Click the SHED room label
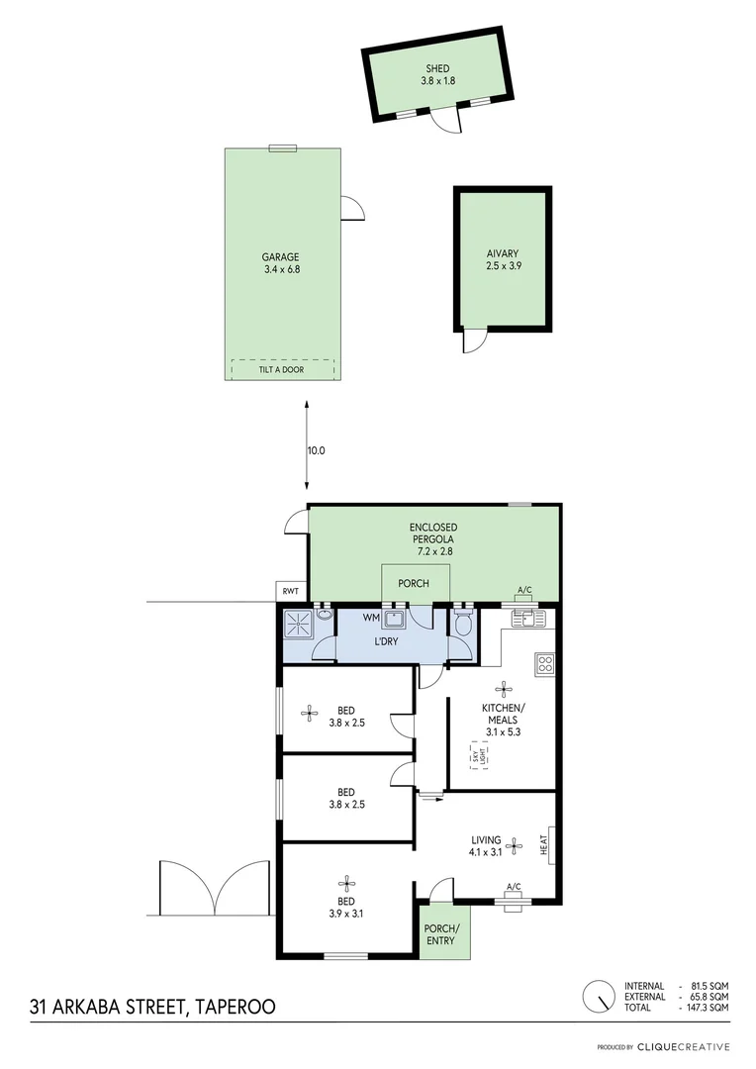click(437, 68)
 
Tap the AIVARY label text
click(503, 252)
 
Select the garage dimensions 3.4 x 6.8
click(282, 268)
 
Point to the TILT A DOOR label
click(282, 370)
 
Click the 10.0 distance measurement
click(316, 449)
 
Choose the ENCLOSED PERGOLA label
click(433, 533)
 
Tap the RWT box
click(290, 592)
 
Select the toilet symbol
click(463, 625)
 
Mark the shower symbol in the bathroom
click(297, 625)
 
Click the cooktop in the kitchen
click(543, 663)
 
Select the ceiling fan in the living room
click(514, 845)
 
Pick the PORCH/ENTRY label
click(440, 934)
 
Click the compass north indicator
click(599, 996)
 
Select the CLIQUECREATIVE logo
click(683, 1047)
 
